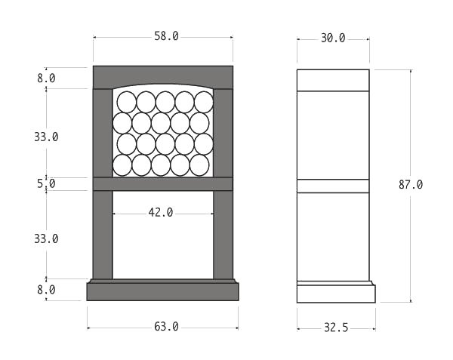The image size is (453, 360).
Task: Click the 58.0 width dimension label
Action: [x=166, y=36]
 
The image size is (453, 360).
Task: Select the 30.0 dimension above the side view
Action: [x=333, y=38]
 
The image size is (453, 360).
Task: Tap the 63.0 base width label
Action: [x=166, y=327]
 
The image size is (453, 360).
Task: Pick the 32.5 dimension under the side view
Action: [x=335, y=328]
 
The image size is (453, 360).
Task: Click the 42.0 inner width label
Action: [x=160, y=213]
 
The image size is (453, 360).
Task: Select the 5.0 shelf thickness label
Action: [x=46, y=183]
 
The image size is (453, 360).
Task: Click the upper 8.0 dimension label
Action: [x=46, y=78]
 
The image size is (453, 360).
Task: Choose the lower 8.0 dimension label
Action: [x=46, y=289]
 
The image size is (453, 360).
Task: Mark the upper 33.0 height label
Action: [x=46, y=137]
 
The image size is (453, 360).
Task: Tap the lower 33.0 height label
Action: [x=46, y=238]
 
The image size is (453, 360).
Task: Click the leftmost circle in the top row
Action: [x=126, y=102]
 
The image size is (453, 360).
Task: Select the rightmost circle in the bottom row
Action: [x=199, y=165]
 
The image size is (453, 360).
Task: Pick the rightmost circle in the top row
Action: [x=204, y=102]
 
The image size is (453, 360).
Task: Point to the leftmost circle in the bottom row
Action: [x=122, y=165]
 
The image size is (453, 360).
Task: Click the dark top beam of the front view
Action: [x=163, y=75]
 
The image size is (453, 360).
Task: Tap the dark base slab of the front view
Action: [x=163, y=291]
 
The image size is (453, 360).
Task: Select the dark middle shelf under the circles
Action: [x=163, y=183]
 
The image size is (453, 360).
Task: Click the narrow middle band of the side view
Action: [x=333, y=186]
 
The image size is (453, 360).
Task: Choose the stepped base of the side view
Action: [x=335, y=292]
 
